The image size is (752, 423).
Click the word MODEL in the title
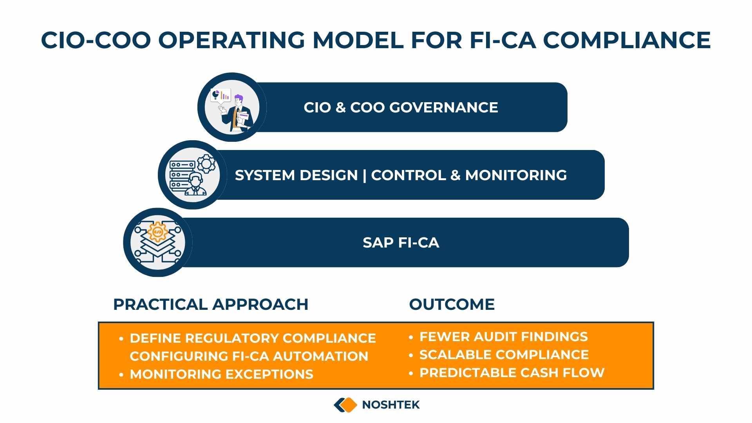358,40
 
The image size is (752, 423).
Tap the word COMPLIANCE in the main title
627,40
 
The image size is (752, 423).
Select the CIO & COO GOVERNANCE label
401,107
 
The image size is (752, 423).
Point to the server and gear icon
193,175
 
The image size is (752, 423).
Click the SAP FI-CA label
401,243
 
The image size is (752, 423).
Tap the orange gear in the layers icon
157,232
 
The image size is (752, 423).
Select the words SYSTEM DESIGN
296,175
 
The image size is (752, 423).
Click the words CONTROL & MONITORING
469,175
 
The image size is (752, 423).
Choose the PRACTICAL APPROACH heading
211,304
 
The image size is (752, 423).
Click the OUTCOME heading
452,304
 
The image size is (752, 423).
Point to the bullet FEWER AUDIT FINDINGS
503,337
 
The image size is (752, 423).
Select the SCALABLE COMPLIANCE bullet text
504,355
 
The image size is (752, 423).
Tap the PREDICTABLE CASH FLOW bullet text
512,373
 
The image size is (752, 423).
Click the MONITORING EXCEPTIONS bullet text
221,374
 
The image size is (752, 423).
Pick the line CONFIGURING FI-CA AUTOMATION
249,356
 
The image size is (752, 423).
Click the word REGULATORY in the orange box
232,338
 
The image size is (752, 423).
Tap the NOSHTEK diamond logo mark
345,405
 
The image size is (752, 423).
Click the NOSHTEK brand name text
390,405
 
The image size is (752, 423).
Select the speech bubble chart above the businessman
221,95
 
